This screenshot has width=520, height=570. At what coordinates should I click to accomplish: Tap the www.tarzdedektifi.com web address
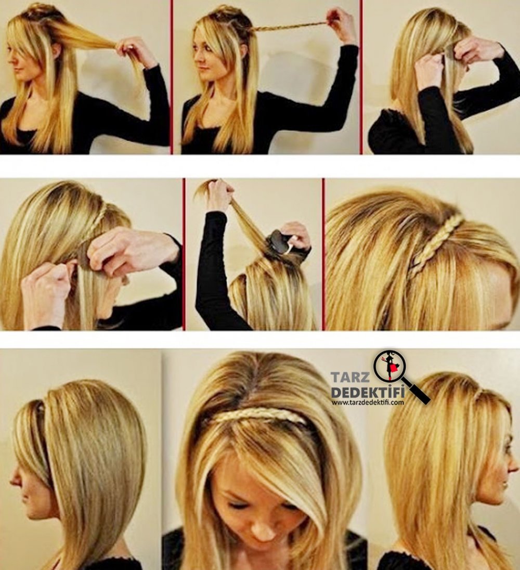(x=368, y=402)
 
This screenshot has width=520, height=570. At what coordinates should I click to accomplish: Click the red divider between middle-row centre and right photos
(x=323, y=254)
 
